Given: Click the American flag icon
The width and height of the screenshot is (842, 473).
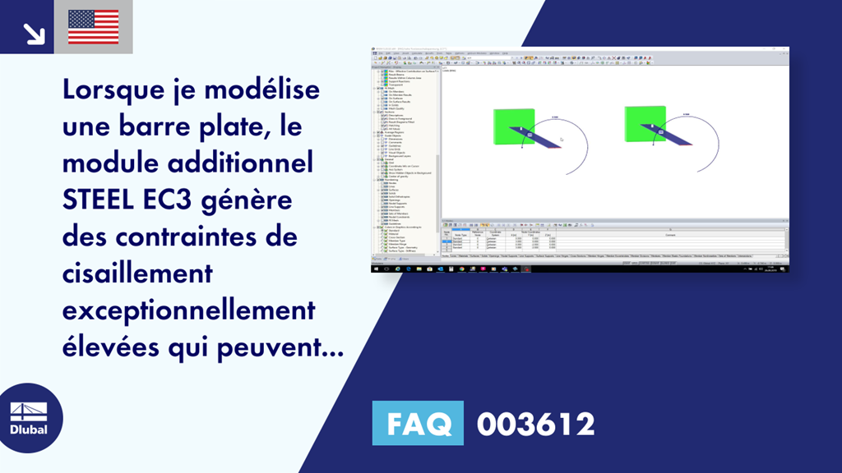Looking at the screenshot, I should point(94,26).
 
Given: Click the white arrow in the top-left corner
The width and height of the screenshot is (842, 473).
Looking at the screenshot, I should point(34,32).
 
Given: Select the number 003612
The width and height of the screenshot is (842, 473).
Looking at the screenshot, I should point(535,425).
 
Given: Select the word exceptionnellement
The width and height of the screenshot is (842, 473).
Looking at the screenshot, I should point(188,311).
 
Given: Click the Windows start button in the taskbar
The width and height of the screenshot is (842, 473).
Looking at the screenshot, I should point(375,269).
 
